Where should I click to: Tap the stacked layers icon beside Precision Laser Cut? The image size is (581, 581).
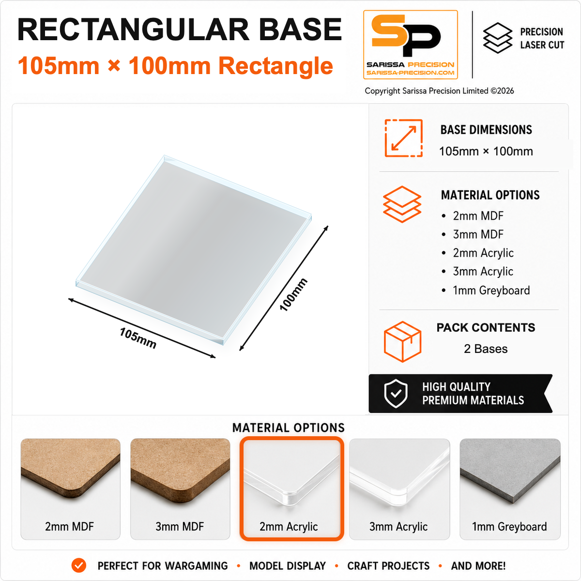498,38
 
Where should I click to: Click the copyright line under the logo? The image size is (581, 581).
439,91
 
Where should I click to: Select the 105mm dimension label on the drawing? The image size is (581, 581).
138,338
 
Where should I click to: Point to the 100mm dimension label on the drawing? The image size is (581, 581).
293,294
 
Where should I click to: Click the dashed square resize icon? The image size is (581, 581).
403,138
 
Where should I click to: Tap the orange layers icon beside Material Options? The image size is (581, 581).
402,204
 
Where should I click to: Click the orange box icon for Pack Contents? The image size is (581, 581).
402,341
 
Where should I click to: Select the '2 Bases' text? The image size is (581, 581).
486,349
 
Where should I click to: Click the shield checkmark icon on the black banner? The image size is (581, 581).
396,394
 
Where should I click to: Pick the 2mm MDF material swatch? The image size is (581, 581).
70,489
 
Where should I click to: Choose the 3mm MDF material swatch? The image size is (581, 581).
180,489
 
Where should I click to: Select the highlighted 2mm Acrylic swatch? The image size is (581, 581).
291,489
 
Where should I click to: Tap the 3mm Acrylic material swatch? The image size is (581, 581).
399,489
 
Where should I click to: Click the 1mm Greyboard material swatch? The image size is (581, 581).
510,489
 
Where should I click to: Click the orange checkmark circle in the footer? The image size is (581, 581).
79,566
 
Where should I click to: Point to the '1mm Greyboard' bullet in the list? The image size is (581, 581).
491,290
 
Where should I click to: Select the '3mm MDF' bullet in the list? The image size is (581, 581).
478,234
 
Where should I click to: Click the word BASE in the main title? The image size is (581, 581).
300,30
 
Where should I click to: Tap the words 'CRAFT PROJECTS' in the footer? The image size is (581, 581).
388,566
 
